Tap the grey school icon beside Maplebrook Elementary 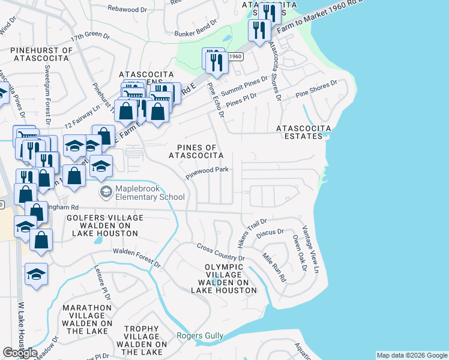tap(106, 192)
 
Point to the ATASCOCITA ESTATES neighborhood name tap(300, 132)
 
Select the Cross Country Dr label tap(221, 252)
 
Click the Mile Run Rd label tap(274, 267)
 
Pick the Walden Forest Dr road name tap(136, 258)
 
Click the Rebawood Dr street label tap(127, 8)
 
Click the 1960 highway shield tap(235, 56)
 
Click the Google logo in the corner tap(20, 353)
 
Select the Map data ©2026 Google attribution tap(411, 355)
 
